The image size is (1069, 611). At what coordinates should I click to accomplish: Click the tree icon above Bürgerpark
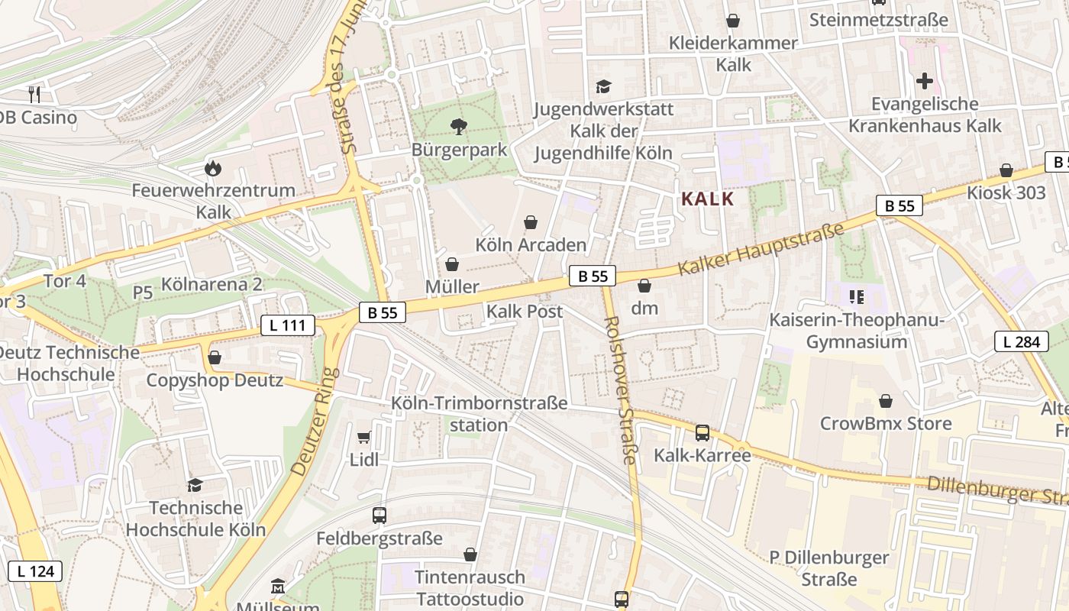[459, 126]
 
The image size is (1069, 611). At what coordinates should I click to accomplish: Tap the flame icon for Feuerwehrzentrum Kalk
[212, 167]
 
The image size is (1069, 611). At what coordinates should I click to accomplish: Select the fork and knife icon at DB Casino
[34, 95]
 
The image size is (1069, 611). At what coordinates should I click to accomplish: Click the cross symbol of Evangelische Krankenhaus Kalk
[925, 81]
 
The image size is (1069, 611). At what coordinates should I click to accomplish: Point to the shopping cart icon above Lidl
[364, 437]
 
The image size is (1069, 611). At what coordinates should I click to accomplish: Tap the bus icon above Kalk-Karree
[702, 433]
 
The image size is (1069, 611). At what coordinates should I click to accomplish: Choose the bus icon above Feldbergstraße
[379, 516]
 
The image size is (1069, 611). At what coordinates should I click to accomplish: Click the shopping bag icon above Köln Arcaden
[531, 222]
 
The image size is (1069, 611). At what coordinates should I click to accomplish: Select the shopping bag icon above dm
[644, 286]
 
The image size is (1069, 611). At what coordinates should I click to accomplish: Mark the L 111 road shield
[288, 325]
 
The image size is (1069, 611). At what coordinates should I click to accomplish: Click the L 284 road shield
[1021, 341]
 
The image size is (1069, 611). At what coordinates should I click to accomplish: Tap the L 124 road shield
[35, 570]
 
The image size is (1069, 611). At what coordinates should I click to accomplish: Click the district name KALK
[707, 199]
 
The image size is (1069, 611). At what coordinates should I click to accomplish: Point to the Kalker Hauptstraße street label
[761, 250]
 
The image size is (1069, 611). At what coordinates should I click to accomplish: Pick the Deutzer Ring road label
[315, 422]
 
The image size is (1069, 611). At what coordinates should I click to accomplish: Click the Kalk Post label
[525, 311]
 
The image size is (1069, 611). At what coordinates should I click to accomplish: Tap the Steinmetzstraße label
[878, 20]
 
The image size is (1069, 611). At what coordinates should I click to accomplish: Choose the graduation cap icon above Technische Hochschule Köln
[195, 485]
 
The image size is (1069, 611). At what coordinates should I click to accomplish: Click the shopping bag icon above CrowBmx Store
[886, 401]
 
